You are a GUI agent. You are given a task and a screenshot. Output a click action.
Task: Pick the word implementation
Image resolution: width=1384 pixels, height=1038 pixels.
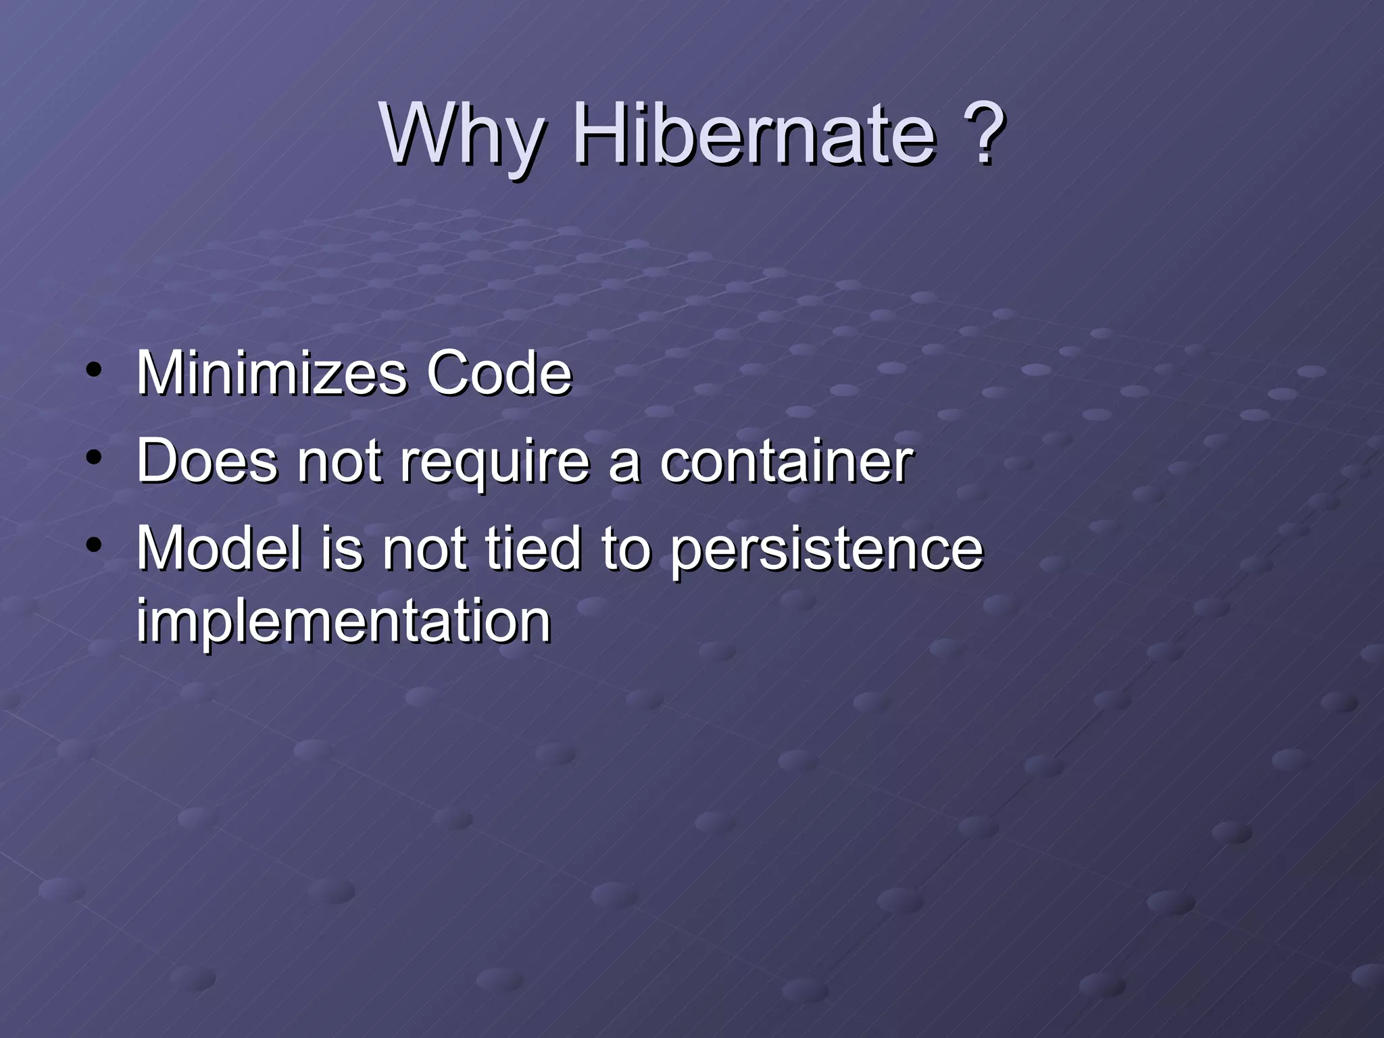pos(343,621)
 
